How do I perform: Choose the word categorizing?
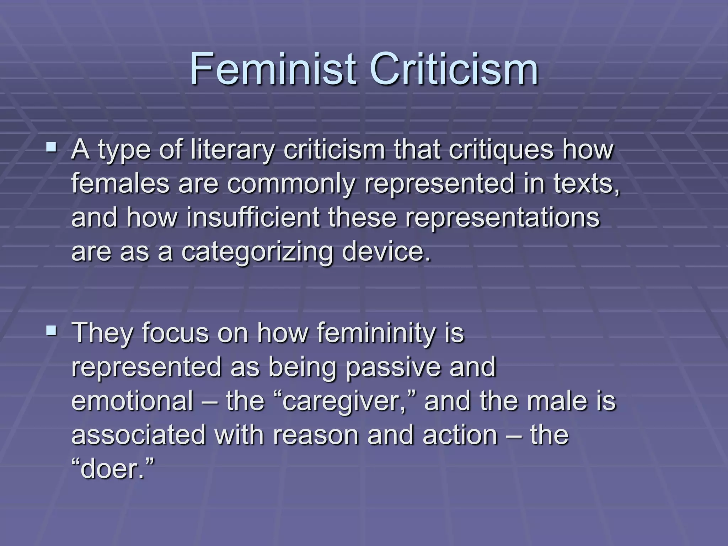point(257,252)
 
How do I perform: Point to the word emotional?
point(132,401)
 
